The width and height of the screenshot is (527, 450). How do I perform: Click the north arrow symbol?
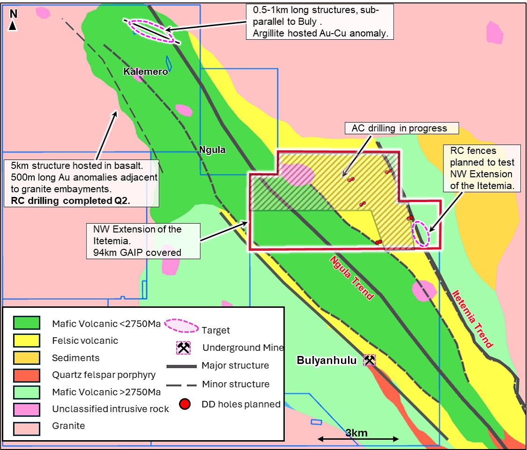13,21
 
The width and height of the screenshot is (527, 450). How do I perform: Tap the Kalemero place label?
145,72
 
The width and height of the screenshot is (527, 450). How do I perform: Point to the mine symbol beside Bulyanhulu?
370,360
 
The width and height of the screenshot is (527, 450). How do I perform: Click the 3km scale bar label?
356,433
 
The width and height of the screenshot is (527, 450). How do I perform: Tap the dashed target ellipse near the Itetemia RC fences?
421,233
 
